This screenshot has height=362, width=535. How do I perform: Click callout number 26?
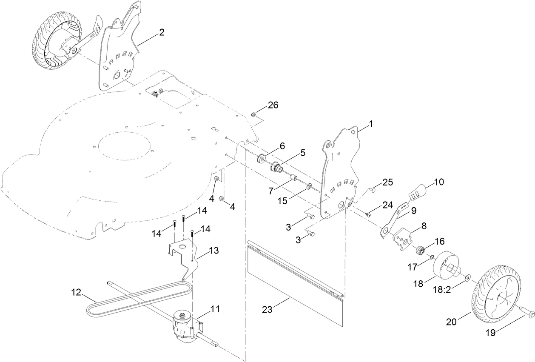[x=273, y=105]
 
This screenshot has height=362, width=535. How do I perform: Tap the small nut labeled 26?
[x=253, y=114]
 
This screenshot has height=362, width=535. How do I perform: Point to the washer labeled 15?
[x=310, y=186]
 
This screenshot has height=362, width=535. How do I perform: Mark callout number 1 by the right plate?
[x=370, y=124]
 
